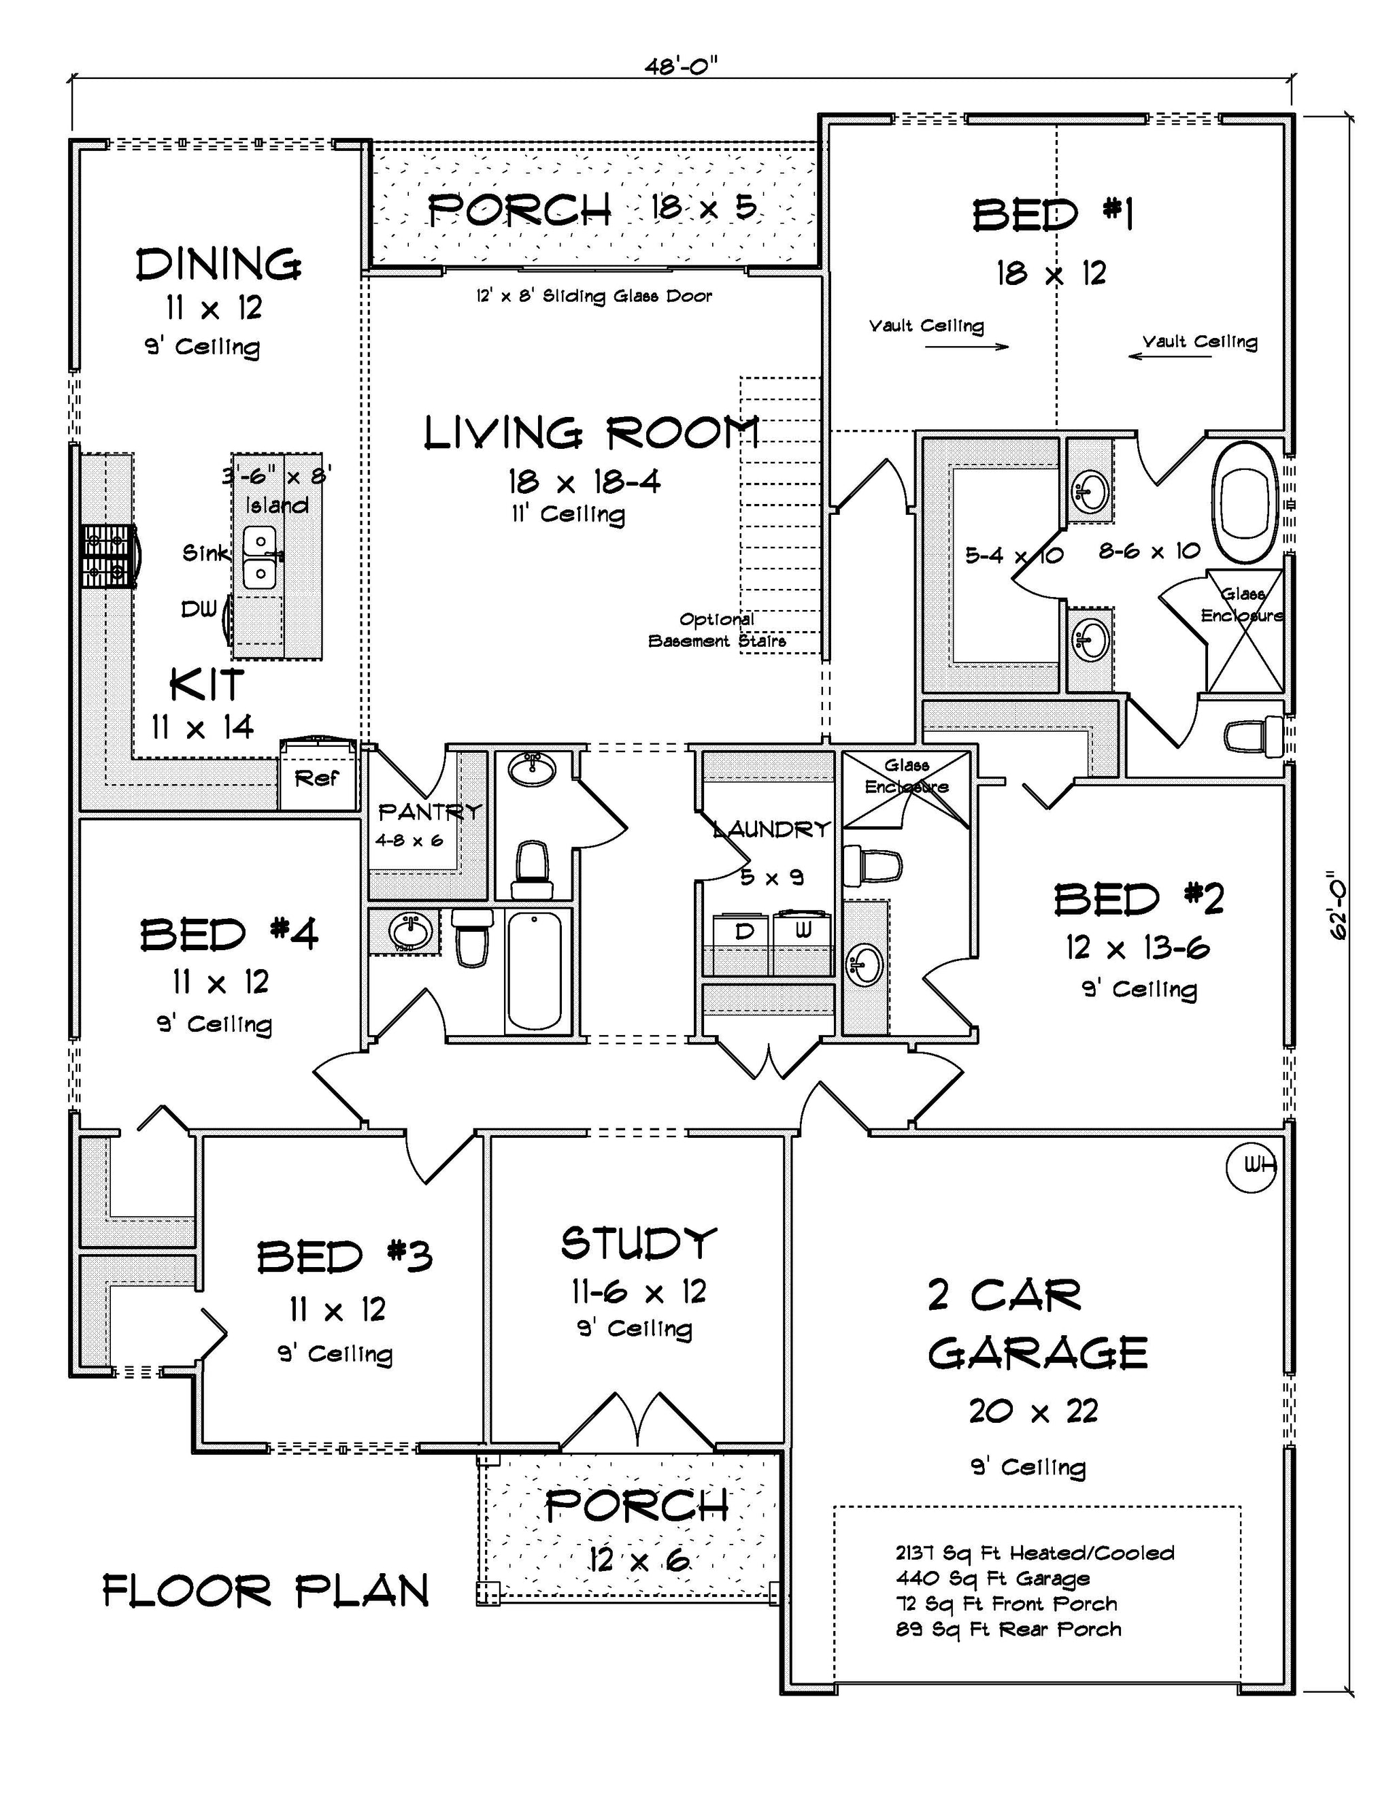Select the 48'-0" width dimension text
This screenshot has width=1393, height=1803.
(x=682, y=66)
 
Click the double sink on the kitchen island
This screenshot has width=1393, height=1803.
(x=260, y=557)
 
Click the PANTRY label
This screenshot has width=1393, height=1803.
(x=428, y=812)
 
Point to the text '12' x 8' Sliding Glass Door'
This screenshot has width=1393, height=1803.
(x=594, y=297)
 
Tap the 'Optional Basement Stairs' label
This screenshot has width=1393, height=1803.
(x=717, y=630)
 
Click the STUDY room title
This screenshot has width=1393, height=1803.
(x=638, y=1243)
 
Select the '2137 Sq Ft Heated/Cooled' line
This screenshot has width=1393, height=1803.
(x=1035, y=1553)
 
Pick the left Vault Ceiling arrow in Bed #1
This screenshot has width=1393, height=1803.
(x=966, y=347)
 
